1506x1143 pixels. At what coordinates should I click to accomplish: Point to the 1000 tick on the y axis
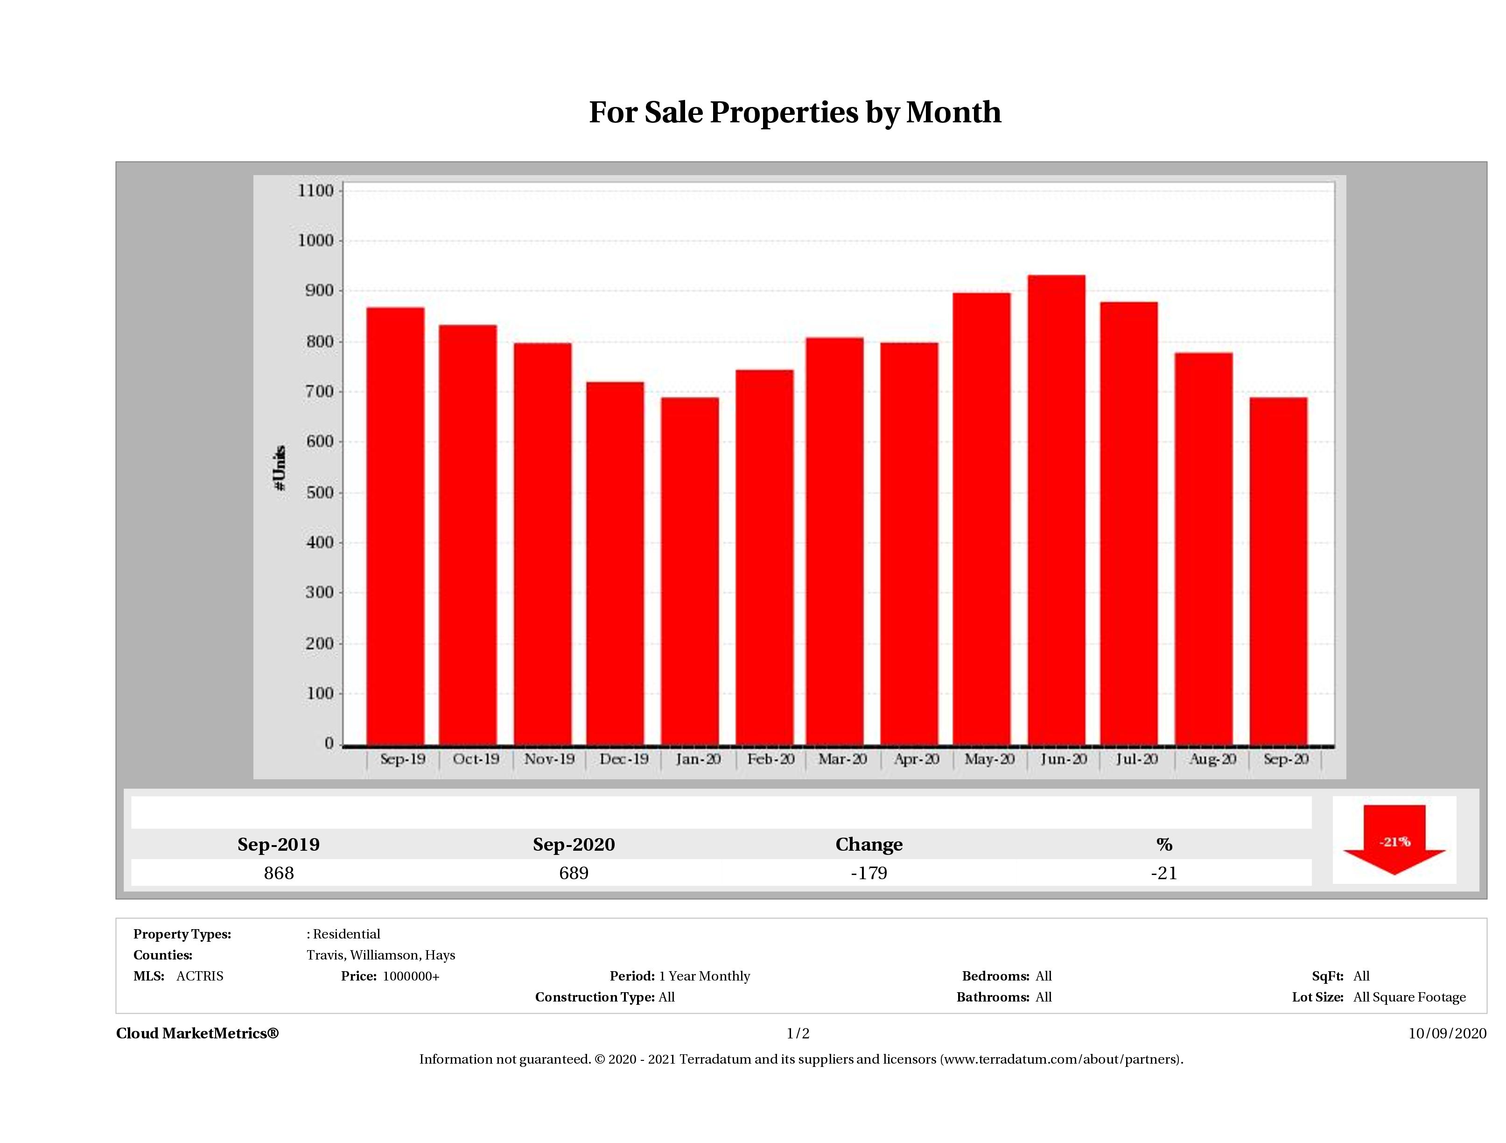click(316, 240)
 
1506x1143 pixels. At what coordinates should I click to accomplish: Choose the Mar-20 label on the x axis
click(842, 759)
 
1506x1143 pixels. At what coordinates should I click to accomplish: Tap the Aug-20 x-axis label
click(1212, 759)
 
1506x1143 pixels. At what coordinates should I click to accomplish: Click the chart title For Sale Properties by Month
click(794, 113)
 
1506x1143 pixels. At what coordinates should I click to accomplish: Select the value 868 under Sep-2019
click(279, 873)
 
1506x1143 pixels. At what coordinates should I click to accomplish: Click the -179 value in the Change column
click(869, 873)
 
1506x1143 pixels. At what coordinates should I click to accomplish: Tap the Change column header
click(869, 845)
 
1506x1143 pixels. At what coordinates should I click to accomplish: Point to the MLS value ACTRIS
click(199, 976)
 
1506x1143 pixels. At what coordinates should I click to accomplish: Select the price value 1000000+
click(411, 976)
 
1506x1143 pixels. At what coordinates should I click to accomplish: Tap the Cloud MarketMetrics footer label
click(197, 1033)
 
